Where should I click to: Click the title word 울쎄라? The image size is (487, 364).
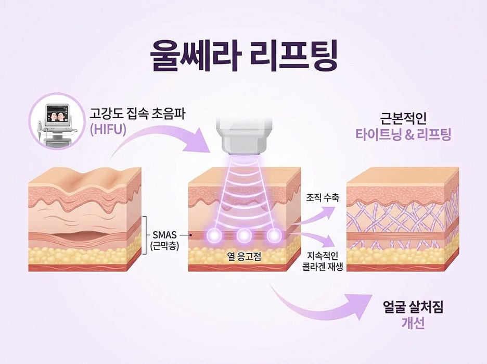(196, 57)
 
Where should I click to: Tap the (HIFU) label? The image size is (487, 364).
(108, 129)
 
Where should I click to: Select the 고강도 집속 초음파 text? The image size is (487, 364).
(137, 114)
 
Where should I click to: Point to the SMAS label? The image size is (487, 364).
(164, 235)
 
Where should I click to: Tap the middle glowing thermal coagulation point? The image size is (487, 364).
(244, 235)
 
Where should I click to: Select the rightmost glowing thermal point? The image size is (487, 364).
(274, 235)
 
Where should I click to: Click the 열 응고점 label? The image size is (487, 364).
(244, 256)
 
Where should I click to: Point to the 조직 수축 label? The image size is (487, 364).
(323, 197)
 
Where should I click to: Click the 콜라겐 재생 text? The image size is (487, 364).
(323, 267)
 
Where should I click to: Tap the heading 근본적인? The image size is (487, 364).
(403, 118)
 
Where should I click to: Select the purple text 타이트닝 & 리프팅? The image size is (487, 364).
(403, 134)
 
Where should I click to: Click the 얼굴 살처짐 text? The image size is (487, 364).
(413, 307)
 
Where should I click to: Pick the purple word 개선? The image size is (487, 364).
(413, 323)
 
